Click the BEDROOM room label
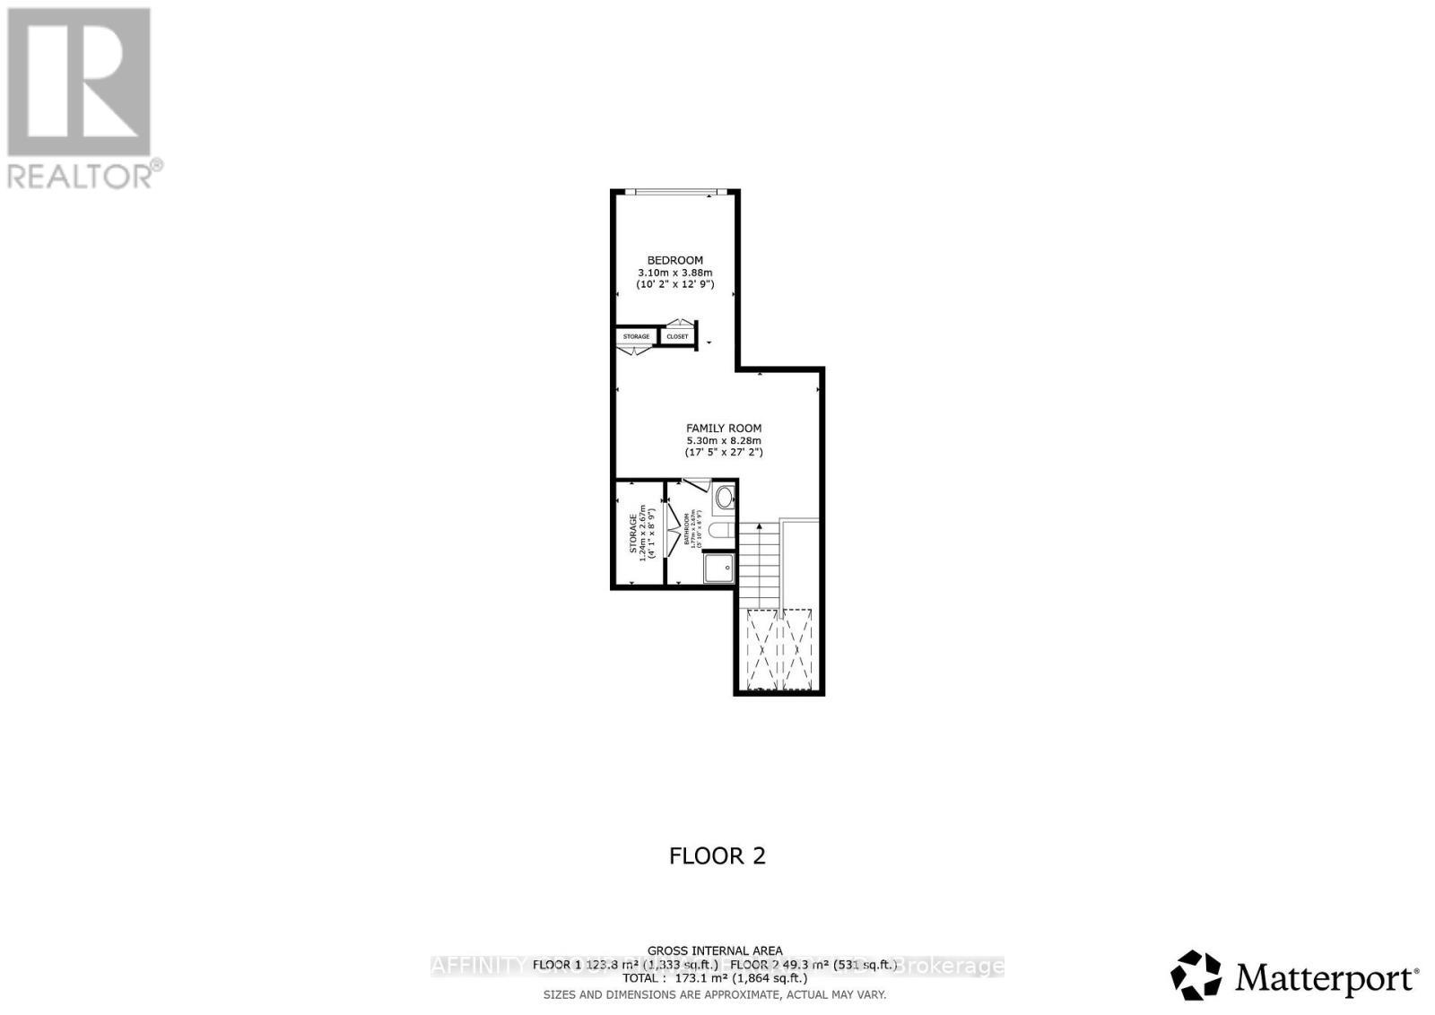click(x=674, y=260)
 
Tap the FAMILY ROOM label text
click(x=724, y=429)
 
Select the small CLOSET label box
click(x=677, y=336)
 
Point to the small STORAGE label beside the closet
click(x=636, y=336)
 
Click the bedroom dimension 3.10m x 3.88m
click(x=674, y=273)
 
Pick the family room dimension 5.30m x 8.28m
click(x=724, y=441)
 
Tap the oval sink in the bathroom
click(x=724, y=498)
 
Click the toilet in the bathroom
click(x=720, y=532)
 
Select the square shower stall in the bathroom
click(x=718, y=568)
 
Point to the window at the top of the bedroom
click(x=674, y=191)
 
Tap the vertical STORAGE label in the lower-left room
click(x=634, y=534)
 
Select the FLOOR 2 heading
click(x=717, y=855)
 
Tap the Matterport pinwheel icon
click(x=1196, y=976)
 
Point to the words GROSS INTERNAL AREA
click(x=715, y=950)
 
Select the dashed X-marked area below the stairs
click(x=779, y=649)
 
